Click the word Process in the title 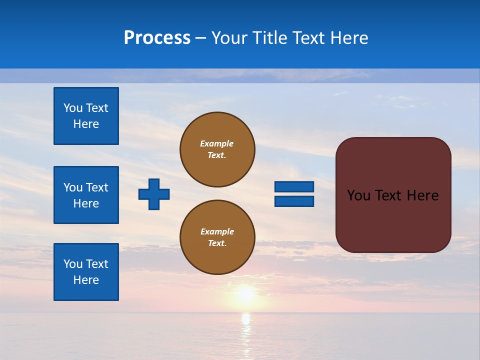tap(157, 38)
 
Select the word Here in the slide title tap(349, 38)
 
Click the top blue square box tap(86, 116)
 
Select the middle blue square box tap(86, 195)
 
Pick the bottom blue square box tap(86, 272)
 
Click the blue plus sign tap(154, 194)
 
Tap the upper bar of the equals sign tap(294, 186)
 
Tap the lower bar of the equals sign tap(294, 201)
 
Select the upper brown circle tap(217, 149)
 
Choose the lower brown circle tap(217, 237)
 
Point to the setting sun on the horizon tap(245, 294)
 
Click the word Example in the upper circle tap(217, 143)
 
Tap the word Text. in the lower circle tap(217, 243)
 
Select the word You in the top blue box tap(73, 108)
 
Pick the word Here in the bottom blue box tap(86, 280)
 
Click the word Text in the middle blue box tap(97, 187)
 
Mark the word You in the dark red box tap(358, 195)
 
